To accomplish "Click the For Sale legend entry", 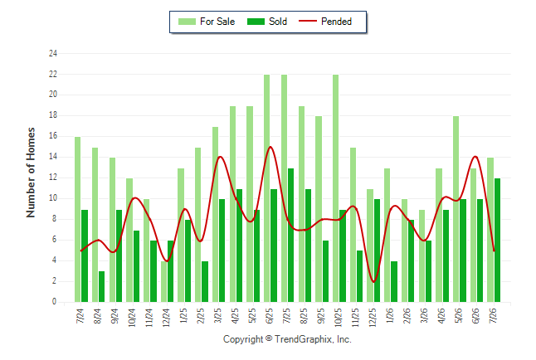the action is click(207, 22).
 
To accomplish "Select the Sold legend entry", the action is click(267, 22).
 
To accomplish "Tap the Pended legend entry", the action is click(325, 22).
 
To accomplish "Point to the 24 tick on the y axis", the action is click(52, 53).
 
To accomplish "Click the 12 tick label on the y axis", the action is click(52, 178).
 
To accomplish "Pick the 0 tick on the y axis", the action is click(55, 302).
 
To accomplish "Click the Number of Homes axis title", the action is click(31, 173).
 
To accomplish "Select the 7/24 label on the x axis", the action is click(80, 315).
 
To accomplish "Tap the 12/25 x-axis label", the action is click(372, 317).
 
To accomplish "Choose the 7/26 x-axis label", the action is click(493, 315).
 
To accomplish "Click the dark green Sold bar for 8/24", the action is click(101, 286).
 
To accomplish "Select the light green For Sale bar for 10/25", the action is click(336, 188).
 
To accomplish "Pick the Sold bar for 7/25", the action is click(290, 236).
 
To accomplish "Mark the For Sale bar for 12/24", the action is click(163, 282).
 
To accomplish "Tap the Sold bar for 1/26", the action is click(394, 282).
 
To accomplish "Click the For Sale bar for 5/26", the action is click(456, 209).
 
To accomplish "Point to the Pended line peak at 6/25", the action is click(270, 147).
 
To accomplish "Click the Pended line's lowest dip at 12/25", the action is click(373, 282).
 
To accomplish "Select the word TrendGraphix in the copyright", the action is click(303, 339).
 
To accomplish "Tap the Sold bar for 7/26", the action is click(497, 240).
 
